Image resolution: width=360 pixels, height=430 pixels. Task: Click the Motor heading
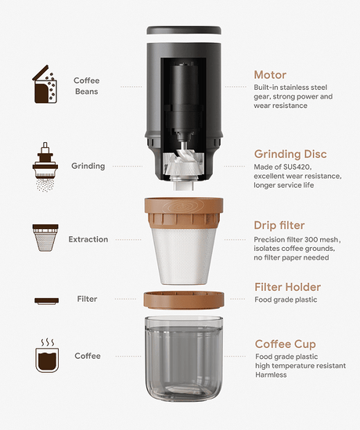[x=270, y=75]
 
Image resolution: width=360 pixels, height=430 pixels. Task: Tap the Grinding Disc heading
[x=290, y=154]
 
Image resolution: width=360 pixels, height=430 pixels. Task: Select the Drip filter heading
[x=279, y=225]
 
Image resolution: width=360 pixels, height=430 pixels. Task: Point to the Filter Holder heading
[x=287, y=287]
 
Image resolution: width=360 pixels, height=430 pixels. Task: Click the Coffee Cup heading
[x=286, y=344]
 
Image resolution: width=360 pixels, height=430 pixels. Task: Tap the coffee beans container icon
[x=45, y=84]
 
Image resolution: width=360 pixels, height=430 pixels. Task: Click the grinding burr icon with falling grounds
[x=45, y=167]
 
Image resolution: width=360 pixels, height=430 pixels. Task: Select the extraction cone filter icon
[x=45, y=238]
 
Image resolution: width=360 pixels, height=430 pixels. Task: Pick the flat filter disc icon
[x=46, y=301]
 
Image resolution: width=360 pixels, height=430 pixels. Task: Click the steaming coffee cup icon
[x=47, y=356]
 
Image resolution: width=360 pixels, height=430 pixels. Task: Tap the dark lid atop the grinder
[x=184, y=30]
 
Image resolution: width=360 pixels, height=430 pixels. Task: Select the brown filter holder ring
[x=184, y=300]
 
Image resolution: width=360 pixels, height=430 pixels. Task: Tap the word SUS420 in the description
[x=297, y=167]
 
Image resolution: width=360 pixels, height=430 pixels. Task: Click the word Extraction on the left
[x=88, y=239]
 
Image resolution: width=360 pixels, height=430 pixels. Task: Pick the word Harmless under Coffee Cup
[x=271, y=374]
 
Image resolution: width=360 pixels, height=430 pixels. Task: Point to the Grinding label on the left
[x=88, y=167]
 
